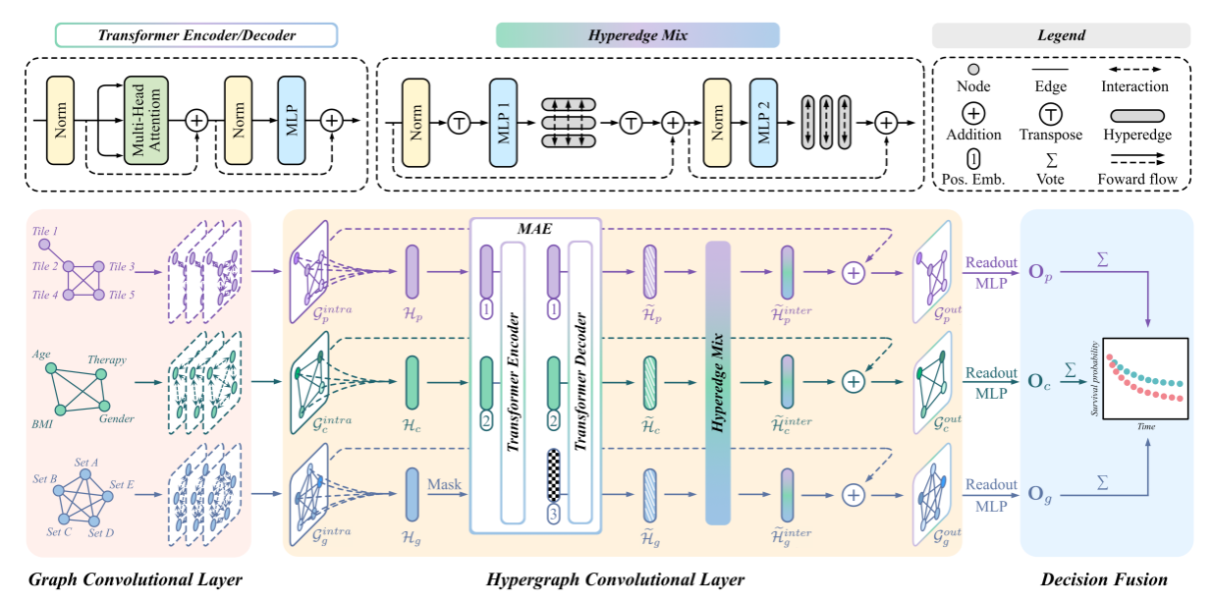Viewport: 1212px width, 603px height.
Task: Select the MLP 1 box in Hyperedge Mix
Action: pyautogui.click(x=504, y=123)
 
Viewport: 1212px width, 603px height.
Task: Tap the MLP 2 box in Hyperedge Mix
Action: pyautogui.click(x=764, y=121)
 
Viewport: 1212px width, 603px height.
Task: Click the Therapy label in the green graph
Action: pyautogui.click(x=107, y=359)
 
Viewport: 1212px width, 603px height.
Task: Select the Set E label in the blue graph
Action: pyautogui.click(x=122, y=484)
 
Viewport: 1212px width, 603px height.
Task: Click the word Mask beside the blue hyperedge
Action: pyautogui.click(x=443, y=483)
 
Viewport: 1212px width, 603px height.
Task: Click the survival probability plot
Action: pyautogui.click(x=1146, y=379)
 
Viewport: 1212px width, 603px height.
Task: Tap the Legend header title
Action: pyautogui.click(x=1061, y=35)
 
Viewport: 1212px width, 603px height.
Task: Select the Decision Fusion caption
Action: pyautogui.click(x=1104, y=580)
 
